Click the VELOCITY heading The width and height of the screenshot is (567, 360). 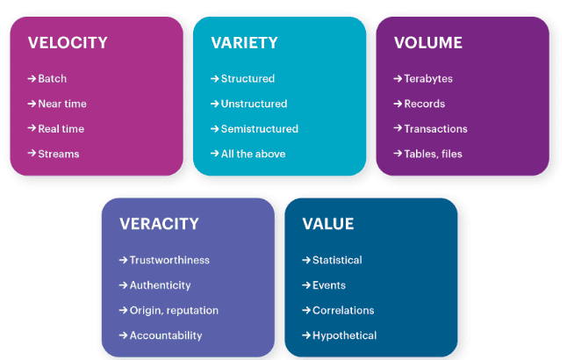[x=68, y=43]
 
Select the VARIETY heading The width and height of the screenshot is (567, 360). [x=244, y=43]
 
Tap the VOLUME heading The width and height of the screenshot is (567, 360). [x=427, y=43]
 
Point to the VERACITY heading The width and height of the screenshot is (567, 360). [x=159, y=224]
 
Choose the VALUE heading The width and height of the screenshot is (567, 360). [x=328, y=224]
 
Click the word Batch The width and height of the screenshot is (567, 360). [x=53, y=79]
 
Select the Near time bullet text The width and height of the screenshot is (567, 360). [x=62, y=104]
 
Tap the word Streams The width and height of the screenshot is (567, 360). [x=59, y=154]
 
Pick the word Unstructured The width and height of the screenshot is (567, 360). [x=254, y=104]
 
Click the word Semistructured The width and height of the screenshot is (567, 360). [x=259, y=129]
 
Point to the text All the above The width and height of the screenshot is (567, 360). [x=253, y=154]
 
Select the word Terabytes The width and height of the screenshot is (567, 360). [x=428, y=79]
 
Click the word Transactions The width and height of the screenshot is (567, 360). [x=435, y=129]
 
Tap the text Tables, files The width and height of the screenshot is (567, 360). [x=433, y=154]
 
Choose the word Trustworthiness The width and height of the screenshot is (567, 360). [x=169, y=260]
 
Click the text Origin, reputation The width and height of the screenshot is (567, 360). [x=174, y=310]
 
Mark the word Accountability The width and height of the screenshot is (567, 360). [x=166, y=335]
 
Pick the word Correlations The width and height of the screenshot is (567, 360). [x=343, y=310]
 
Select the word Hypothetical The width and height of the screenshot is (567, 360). [x=344, y=335]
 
